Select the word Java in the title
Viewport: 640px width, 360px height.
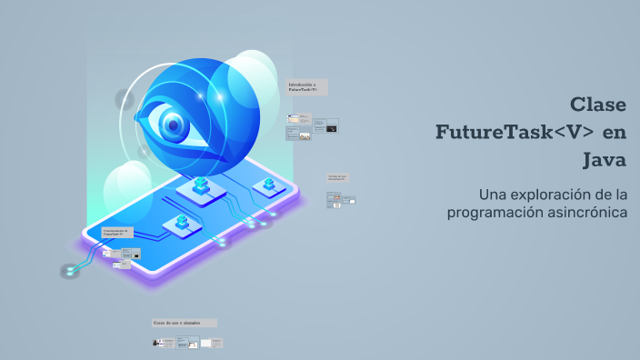[x=605, y=160]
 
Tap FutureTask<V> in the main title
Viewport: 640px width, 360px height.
[x=515, y=132]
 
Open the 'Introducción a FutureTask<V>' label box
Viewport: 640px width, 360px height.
[x=307, y=87]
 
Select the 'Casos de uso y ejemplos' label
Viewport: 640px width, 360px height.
[x=185, y=323]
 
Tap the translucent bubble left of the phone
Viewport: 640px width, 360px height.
[x=126, y=185]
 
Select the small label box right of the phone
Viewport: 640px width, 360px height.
[x=337, y=178]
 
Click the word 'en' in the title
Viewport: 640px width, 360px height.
[x=615, y=132]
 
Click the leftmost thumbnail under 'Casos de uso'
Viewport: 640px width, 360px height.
[x=164, y=343]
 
